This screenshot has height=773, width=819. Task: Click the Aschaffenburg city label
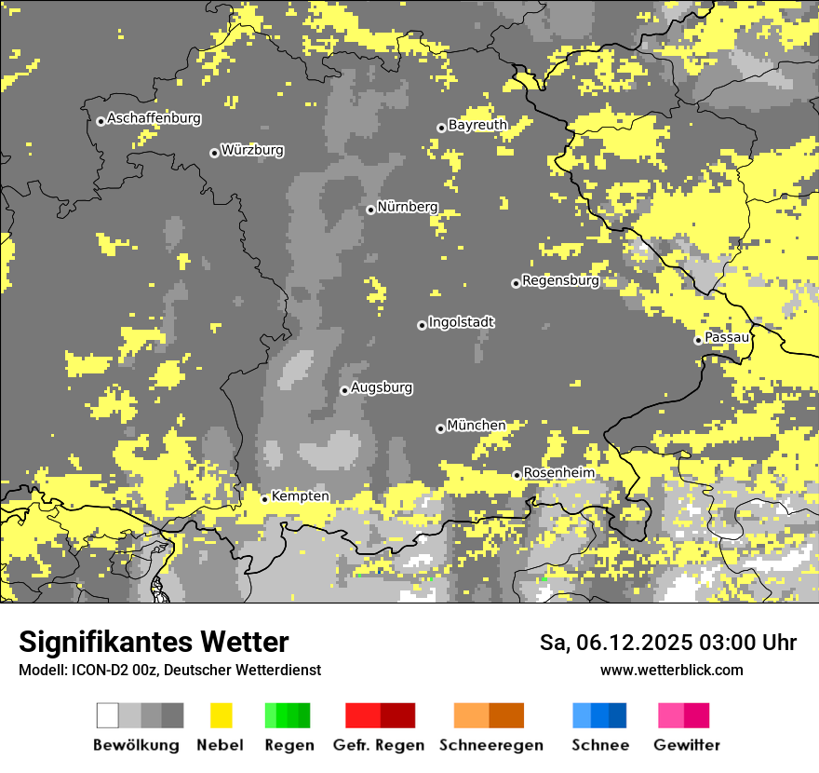coord(154,119)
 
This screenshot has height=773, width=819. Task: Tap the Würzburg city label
coord(252,150)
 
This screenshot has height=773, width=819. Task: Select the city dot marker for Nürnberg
coord(370,210)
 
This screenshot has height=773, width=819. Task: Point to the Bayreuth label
coord(477,125)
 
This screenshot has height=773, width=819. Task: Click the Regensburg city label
coord(560,280)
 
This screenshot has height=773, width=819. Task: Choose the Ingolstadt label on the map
coord(461,322)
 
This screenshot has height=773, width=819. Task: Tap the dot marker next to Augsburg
coord(344,390)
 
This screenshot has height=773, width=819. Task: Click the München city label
coord(477,426)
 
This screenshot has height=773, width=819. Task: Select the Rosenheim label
coord(558,473)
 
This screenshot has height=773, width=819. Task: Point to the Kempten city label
coord(300,496)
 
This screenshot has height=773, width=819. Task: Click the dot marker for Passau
coord(698,340)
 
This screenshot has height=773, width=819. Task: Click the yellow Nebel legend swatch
coord(222,715)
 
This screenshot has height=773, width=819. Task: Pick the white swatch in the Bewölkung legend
coord(108,715)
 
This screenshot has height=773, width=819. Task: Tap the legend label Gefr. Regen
coord(379,745)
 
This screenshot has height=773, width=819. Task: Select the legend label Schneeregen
coord(490,745)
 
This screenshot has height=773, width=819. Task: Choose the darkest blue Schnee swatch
coord(618,715)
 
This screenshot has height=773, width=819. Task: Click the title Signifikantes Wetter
coord(154,642)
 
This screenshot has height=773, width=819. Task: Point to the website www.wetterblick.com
coord(671,670)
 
